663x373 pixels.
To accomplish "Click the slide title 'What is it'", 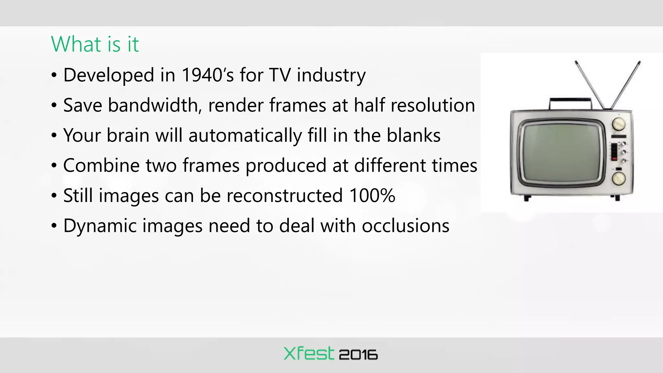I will coord(95,44).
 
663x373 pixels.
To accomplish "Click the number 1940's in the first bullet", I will coord(208,75).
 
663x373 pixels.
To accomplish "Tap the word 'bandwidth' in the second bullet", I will coord(153,105).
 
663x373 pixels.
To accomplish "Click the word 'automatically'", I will coord(245,135).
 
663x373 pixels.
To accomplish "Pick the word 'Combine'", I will coord(101,165).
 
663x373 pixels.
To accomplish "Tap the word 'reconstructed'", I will coord(285,196).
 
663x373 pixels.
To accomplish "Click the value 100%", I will coord(372,196).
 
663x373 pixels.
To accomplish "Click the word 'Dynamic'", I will coord(100,226).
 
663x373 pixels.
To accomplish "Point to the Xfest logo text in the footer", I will coord(309,354).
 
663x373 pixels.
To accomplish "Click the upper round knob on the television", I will coord(619,124).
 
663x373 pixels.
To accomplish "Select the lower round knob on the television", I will coord(619,178).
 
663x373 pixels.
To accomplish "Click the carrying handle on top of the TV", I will coord(571,100).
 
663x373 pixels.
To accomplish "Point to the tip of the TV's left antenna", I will coord(576,62).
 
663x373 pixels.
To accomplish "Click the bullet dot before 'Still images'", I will coord(54,196).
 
